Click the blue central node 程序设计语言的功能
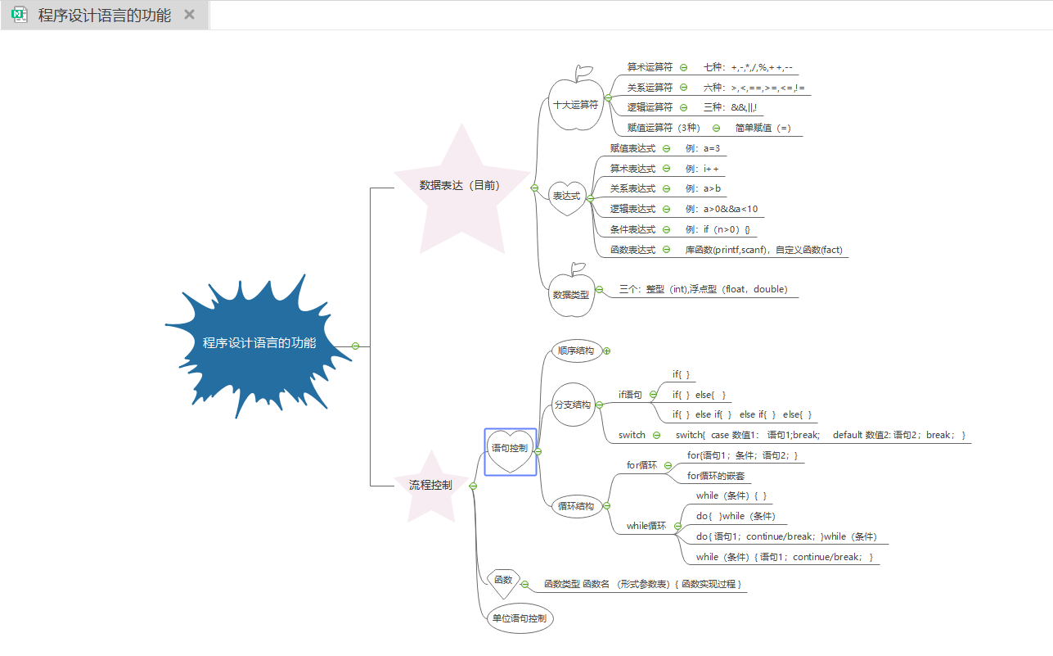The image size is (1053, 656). [x=259, y=343]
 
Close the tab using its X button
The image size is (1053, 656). [x=189, y=15]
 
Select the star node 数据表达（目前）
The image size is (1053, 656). [x=460, y=186]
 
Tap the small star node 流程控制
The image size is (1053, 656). [x=430, y=486]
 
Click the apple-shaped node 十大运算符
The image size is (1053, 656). [x=576, y=105]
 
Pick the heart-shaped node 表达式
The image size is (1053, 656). [x=566, y=197]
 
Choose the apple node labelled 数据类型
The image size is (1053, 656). [x=570, y=294]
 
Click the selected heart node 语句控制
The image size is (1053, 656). [x=510, y=449]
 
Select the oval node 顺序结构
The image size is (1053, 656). [x=576, y=351]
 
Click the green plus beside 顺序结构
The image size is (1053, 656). [x=607, y=351]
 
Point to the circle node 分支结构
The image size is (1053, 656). [x=573, y=405]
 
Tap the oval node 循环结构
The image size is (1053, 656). [x=576, y=506]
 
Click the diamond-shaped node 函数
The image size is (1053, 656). [x=503, y=581]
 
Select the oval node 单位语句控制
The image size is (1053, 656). [x=520, y=619]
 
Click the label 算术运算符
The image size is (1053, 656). [x=650, y=67]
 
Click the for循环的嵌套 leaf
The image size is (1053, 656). [x=716, y=476]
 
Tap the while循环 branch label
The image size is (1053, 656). [x=646, y=526]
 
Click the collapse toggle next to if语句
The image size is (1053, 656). [x=653, y=395]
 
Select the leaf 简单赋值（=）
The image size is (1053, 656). [x=763, y=128]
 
